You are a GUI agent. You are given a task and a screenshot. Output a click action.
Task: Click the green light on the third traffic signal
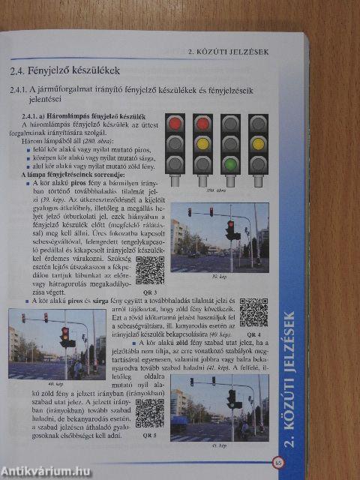230,163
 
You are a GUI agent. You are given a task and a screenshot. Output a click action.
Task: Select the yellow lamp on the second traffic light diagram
202,143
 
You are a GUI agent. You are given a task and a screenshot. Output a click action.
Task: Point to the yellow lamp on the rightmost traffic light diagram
258,143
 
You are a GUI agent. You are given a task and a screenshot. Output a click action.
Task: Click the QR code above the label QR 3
150,269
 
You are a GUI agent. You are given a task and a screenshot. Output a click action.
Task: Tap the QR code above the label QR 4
253,312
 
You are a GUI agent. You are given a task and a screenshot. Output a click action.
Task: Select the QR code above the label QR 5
149,412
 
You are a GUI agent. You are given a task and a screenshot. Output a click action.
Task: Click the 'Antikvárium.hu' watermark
46,472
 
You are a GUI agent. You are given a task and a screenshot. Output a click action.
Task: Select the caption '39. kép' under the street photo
218,276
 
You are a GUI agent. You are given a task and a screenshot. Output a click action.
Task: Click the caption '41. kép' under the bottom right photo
219,445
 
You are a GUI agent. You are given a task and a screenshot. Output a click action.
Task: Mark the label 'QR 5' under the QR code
149,435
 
